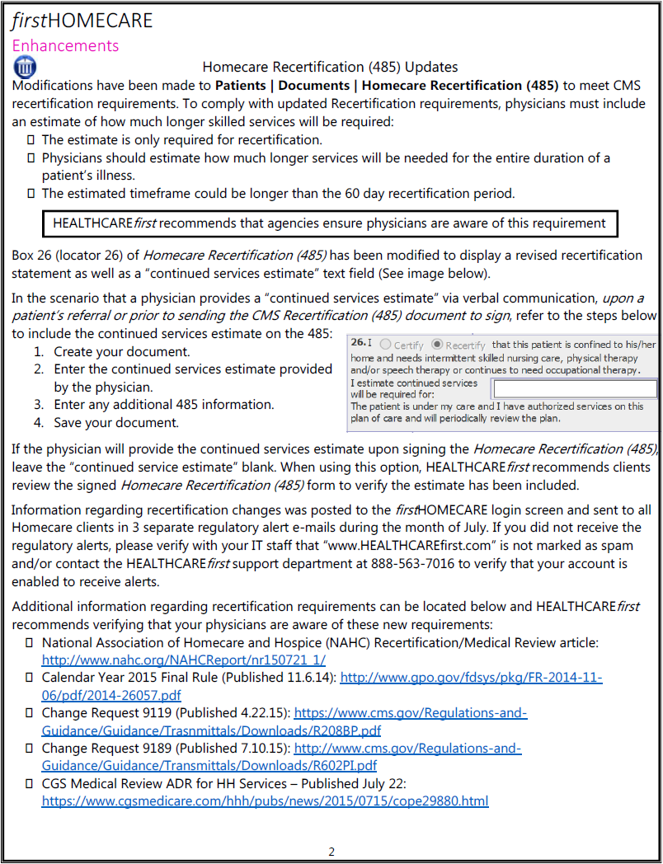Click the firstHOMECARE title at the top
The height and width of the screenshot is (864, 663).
[x=82, y=21]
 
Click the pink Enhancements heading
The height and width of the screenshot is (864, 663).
[x=65, y=46]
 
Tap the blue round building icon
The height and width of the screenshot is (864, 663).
[x=25, y=67]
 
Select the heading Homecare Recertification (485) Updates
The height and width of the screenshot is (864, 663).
[x=330, y=67]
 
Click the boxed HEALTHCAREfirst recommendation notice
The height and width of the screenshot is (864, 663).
[x=329, y=223]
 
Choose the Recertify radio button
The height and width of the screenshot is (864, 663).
[x=438, y=345]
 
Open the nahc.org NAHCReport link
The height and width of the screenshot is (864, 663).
[x=183, y=660]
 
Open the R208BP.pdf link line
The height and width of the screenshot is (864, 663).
[x=211, y=730]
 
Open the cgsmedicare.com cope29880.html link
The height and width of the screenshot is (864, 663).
[x=265, y=801]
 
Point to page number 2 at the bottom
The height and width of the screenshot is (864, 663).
[x=331, y=852]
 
